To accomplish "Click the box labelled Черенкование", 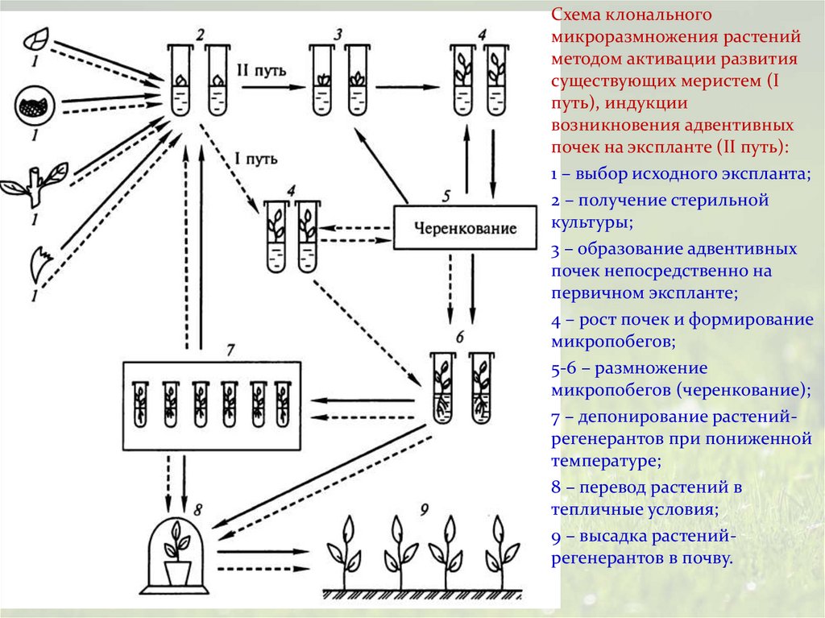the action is (x=466, y=227).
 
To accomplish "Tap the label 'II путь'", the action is (x=262, y=71).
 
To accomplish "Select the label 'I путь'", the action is (x=255, y=159).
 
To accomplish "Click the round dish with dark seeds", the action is (x=34, y=106).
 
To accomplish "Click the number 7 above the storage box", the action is (x=230, y=350).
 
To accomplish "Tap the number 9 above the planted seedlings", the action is (x=424, y=509).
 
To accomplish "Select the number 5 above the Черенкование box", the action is (x=446, y=197).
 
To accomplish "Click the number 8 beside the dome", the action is (x=198, y=509).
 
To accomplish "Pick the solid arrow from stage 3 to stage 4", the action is (x=408, y=87).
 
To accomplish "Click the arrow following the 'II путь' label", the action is (x=274, y=87).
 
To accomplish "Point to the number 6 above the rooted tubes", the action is (x=460, y=336).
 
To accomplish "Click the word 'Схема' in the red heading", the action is (x=577, y=15).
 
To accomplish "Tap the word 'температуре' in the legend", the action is (x=606, y=461).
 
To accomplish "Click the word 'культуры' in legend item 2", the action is (x=592, y=222).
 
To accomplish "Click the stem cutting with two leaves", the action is (x=35, y=184).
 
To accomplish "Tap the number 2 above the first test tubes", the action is (x=200, y=35).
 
